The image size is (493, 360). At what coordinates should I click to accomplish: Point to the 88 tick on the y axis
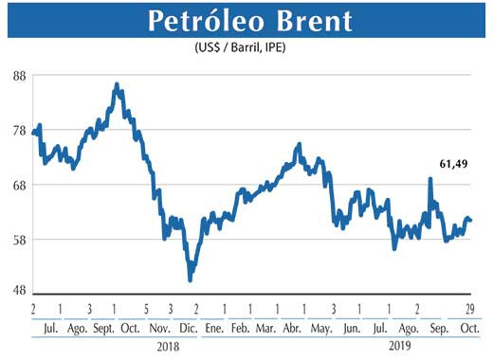(x=18, y=77)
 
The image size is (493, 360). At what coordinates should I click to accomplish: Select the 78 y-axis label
(x=18, y=131)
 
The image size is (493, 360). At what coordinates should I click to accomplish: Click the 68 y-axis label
(x=18, y=185)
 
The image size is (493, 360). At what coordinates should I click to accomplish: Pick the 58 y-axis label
(x=18, y=239)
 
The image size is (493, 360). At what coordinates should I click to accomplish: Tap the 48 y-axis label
(x=18, y=292)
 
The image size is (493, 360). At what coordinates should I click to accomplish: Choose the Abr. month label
(x=292, y=328)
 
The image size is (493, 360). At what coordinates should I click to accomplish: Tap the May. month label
(x=321, y=328)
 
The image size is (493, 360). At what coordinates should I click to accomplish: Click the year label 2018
(x=168, y=347)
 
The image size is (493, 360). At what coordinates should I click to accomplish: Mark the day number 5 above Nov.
(x=147, y=310)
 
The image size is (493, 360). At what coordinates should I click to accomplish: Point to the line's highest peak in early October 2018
(x=116, y=84)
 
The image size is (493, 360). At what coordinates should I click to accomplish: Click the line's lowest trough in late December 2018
(x=191, y=280)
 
